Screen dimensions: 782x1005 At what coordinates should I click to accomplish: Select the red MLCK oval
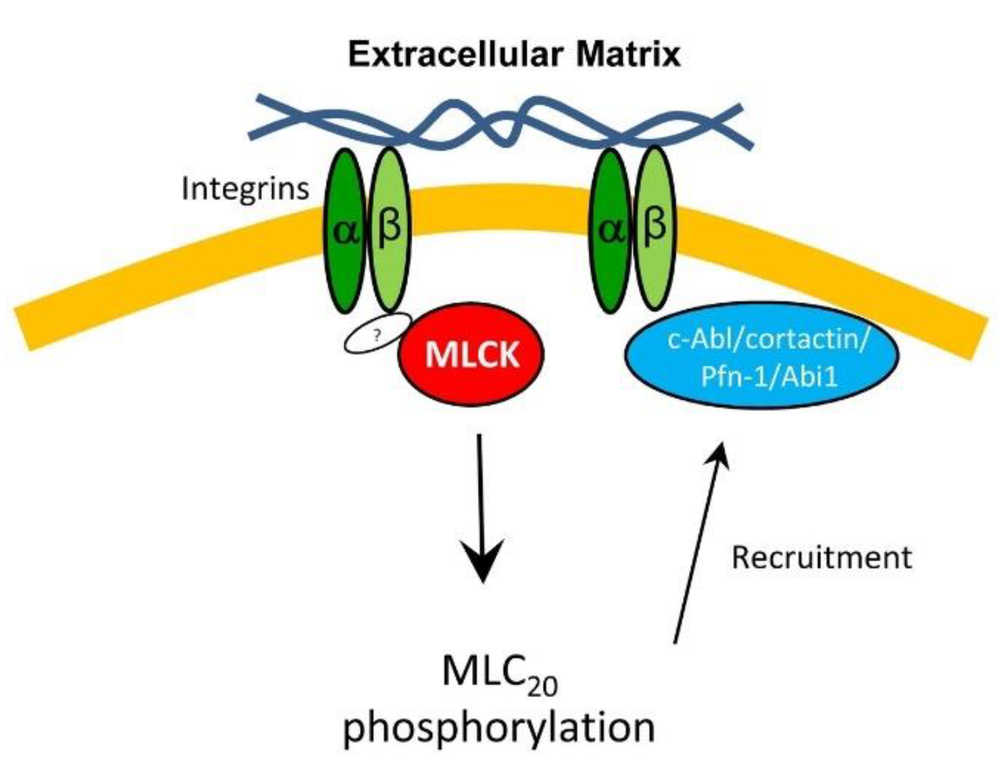(x=471, y=355)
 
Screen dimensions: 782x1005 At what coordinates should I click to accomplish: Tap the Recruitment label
(x=821, y=558)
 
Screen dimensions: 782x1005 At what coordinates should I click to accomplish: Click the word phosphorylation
(x=499, y=727)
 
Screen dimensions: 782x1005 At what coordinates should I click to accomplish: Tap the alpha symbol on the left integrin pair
(x=345, y=233)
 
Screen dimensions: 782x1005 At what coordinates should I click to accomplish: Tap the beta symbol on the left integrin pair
(x=389, y=227)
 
